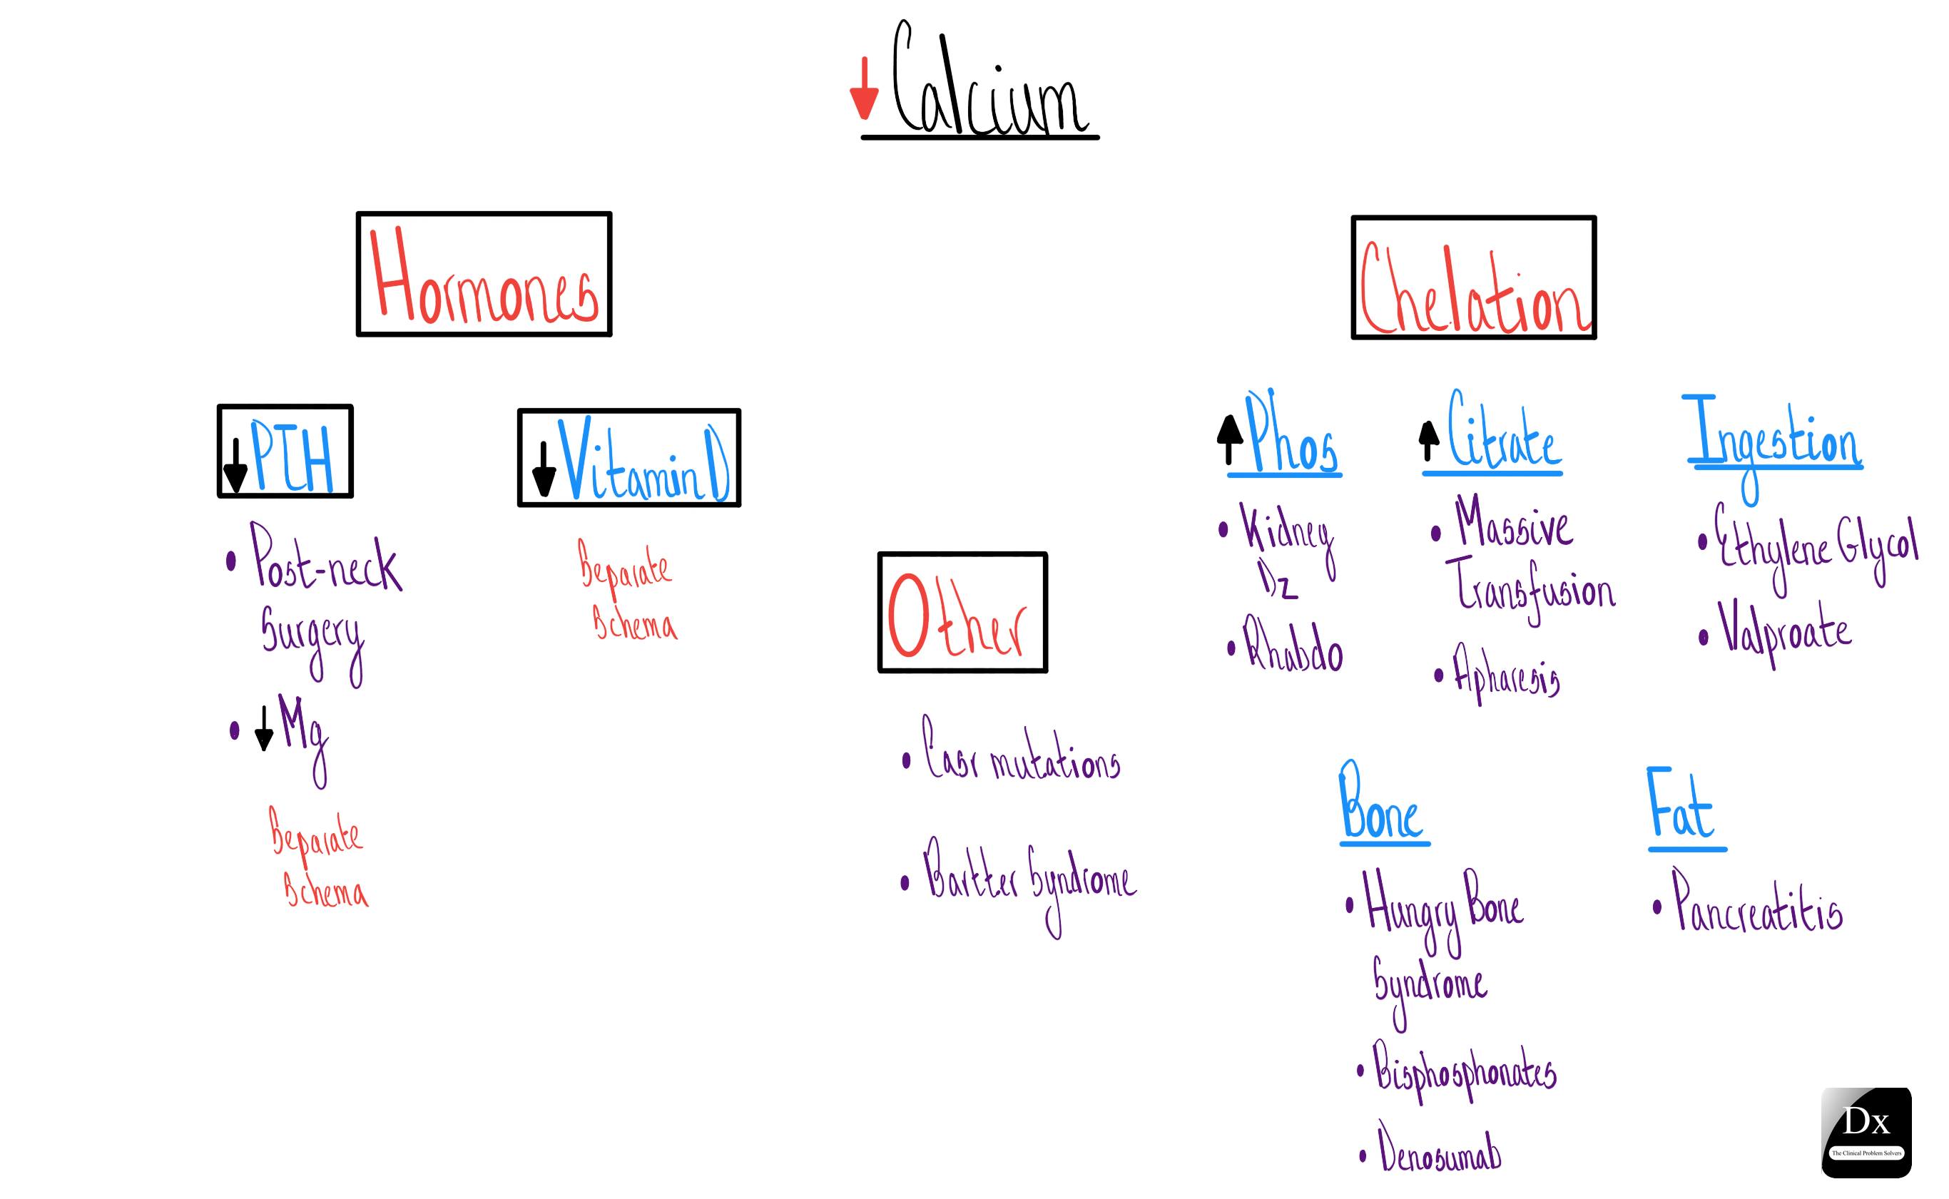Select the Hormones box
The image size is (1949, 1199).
pos(484,275)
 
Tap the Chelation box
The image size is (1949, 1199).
pos(1473,277)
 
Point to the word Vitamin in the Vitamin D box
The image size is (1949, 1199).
pos(630,461)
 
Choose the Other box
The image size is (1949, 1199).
pos(962,612)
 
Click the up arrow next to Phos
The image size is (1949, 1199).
pos(1229,439)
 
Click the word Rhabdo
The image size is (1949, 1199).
pos(1293,646)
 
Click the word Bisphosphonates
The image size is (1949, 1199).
pos(1465,1071)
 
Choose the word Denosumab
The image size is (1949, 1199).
pos(1439,1150)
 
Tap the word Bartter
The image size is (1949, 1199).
pos(970,873)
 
